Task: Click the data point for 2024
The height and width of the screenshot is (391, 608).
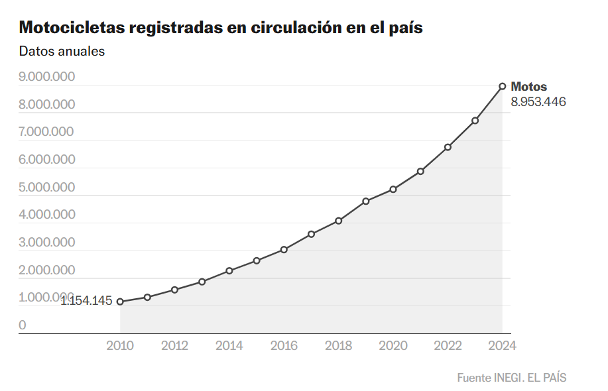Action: coord(503,86)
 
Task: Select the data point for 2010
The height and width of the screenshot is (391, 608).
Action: coord(120,302)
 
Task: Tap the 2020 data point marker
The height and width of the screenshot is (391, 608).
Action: coord(393,190)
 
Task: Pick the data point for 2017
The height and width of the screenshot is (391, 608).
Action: coord(311,234)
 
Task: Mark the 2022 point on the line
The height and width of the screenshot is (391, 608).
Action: coord(448,147)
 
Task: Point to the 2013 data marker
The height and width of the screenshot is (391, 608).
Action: coord(202,282)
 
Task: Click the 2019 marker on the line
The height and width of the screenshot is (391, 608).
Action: coord(366,201)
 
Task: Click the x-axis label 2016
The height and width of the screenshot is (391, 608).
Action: coord(284,345)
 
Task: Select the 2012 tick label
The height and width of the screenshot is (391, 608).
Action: coord(174,345)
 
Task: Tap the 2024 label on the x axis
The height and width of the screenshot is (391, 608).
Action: coord(502,345)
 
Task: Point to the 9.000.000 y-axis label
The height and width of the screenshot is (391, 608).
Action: coord(46,76)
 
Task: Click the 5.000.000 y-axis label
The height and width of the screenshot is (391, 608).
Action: coord(46,187)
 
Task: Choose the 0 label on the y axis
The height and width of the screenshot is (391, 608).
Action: coord(23,325)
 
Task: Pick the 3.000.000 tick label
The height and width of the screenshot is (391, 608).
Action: coord(46,242)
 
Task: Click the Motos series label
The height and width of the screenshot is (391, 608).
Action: coord(529,87)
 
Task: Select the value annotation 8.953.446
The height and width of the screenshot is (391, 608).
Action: coord(538,102)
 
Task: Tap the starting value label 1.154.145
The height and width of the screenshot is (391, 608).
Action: coord(87,302)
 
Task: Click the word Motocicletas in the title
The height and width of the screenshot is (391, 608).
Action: coord(73,28)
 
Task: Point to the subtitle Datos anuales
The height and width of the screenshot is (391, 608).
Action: coord(62,51)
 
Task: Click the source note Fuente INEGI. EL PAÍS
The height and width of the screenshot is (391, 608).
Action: coord(512,377)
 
